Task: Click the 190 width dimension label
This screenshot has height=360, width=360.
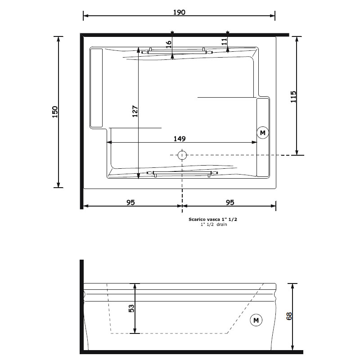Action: pos(179,12)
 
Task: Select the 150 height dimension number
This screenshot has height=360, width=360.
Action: pos(55,112)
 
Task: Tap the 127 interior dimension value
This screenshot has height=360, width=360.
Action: pos(135,111)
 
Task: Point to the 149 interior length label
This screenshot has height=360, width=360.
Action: pos(180,139)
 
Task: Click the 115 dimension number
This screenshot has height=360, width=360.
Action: pos(293,97)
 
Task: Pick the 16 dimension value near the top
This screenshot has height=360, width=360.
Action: pos(169,44)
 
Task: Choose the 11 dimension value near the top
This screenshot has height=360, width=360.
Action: pos(224,41)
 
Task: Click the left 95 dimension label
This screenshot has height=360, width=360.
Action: pos(130,202)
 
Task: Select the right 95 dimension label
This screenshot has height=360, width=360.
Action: pos(230,202)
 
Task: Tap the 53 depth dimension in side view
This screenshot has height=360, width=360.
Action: pos(131,308)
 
